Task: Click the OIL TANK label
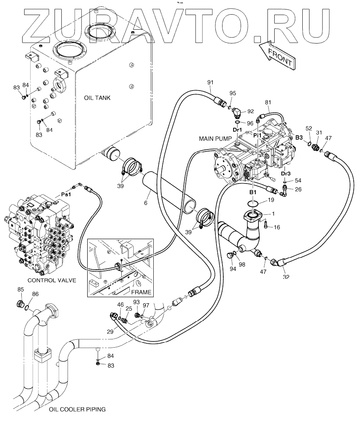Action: click(x=97, y=98)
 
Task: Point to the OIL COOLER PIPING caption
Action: click(x=77, y=409)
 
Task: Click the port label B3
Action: click(x=299, y=138)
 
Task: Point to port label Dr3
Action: click(x=286, y=173)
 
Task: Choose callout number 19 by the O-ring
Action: click(x=270, y=200)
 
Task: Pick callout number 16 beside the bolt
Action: click(x=277, y=227)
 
